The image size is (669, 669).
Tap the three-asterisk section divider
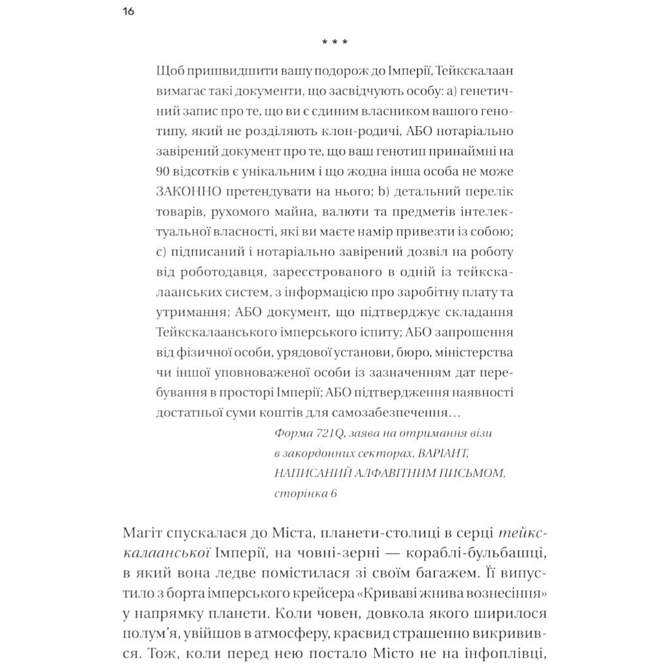tap(334, 43)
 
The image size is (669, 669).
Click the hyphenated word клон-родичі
tap(306, 131)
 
